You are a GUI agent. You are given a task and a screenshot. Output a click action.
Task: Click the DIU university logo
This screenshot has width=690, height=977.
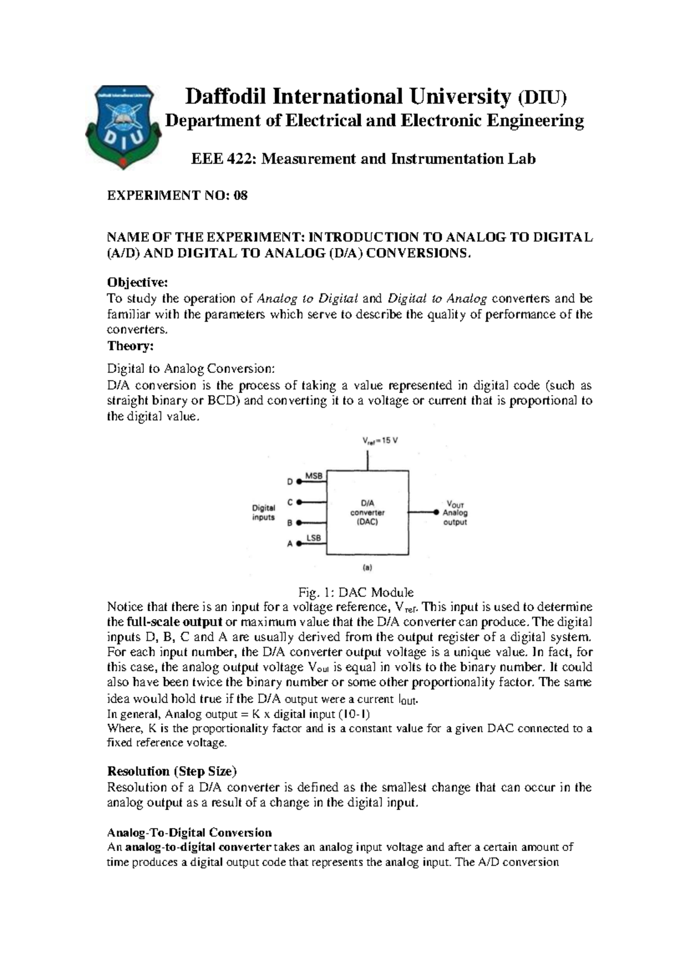(121, 126)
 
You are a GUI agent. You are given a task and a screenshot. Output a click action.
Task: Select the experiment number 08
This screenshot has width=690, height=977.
(240, 196)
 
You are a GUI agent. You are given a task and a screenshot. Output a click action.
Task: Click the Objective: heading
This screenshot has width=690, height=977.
(137, 283)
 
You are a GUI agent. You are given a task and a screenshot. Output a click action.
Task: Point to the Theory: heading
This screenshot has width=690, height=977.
(131, 346)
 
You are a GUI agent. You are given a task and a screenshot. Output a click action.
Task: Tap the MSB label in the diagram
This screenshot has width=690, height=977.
(313, 476)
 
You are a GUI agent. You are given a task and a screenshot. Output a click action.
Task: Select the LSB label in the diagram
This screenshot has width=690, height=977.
(313, 538)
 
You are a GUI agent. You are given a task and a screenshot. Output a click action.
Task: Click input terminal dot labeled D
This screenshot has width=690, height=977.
(300, 481)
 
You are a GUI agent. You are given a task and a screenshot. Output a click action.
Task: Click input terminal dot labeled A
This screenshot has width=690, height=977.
(300, 543)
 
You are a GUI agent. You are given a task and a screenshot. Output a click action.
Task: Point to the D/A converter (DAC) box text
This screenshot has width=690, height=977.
(367, 512)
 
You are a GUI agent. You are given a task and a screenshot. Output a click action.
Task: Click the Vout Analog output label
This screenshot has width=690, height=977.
(455, 513)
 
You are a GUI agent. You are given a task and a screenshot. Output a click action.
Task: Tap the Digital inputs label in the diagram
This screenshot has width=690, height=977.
(264, 512)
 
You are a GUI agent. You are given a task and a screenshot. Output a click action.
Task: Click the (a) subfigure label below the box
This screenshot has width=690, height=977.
(367, 567)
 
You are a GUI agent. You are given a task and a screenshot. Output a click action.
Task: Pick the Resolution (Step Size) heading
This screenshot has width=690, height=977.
(172, 771)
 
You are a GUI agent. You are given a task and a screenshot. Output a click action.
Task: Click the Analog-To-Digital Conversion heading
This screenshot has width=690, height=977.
(189, 833)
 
